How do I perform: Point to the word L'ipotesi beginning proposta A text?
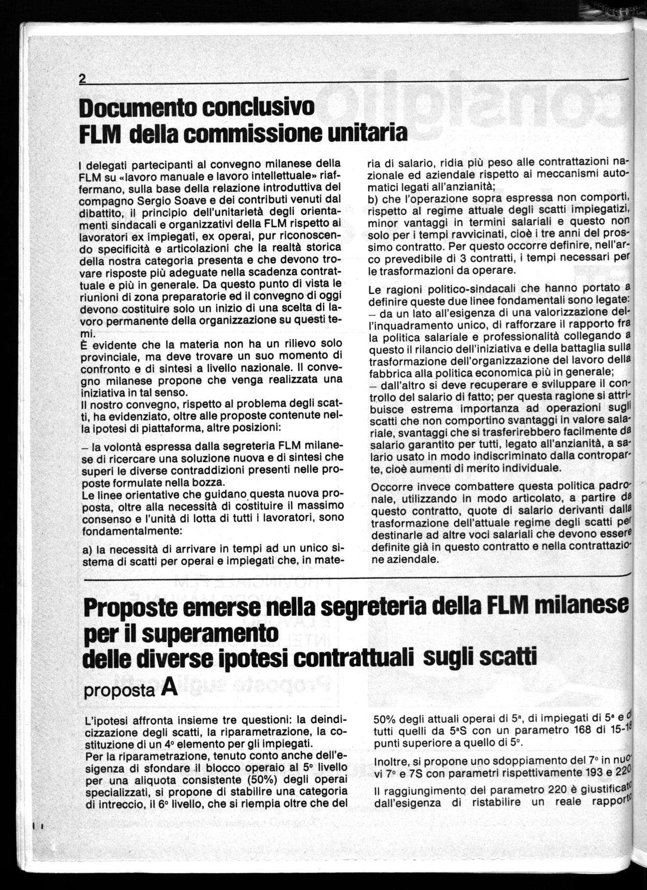click(x=105, y=721)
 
